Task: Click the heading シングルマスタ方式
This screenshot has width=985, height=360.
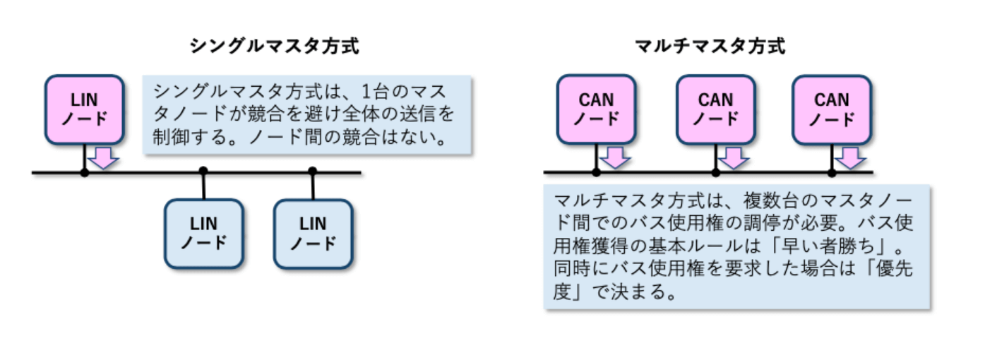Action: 274,47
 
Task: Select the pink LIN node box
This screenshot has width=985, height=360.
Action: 85,109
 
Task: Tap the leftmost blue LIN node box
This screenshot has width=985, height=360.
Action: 204,234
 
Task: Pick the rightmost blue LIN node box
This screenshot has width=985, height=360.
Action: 313,234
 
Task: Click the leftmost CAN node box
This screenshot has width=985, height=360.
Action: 597,109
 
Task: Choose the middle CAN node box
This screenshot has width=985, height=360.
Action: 716,109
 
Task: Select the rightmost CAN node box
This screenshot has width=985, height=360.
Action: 831,109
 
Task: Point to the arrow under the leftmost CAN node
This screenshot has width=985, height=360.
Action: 616,157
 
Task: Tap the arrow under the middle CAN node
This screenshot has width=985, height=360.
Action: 736,157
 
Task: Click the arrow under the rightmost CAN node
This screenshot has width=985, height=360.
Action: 851,157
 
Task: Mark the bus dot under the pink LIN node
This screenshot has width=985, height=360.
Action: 85,172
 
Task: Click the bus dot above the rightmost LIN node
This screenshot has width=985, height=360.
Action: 313,171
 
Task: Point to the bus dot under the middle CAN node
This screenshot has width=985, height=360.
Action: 716,172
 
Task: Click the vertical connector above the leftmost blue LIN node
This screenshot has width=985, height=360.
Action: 204,185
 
